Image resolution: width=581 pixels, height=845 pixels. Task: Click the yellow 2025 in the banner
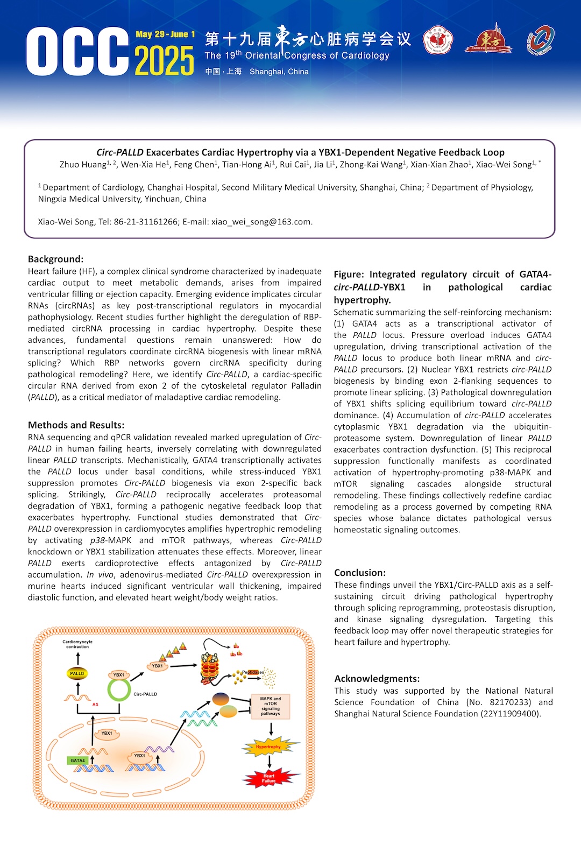[164, 60]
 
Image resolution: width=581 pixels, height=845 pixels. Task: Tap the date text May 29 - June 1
[165, 34]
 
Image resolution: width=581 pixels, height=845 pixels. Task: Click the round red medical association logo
[438, 41]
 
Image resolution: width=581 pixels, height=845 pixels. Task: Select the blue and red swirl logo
[540, 40]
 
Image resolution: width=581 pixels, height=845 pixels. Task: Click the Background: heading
[56, 259]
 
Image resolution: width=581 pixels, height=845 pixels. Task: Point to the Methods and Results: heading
[76, 425]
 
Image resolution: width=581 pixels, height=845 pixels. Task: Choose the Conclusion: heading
[360, 573]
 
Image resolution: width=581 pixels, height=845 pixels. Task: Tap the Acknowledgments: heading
[377, 679]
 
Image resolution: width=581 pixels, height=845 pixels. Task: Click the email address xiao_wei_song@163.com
[261, 222]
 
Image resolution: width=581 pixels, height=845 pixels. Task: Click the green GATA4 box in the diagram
[77, 760]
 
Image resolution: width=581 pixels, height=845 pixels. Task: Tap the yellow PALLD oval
[77, 673]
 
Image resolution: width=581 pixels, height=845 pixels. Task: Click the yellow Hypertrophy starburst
[268, 747]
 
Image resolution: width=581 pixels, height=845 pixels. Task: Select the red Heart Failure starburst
[269, 778]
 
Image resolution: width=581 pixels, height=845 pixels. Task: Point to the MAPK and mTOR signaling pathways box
[271, 706]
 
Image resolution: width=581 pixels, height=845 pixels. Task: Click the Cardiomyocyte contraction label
[77, 644]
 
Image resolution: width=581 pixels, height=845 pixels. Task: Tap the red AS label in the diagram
[95, 705]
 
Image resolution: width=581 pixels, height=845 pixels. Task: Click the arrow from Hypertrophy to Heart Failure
[269, 762]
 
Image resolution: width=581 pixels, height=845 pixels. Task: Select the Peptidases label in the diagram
[253, 672]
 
